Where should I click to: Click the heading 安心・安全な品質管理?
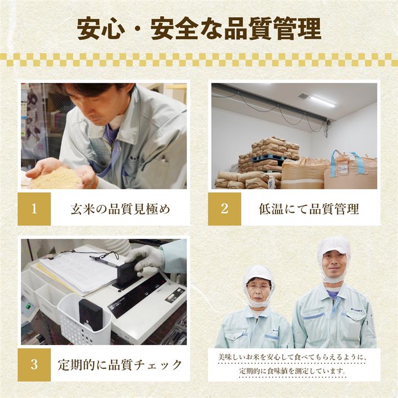pyautogui.click(x=199, y=29)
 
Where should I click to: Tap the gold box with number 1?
pyautogui.click(x=34, y=209)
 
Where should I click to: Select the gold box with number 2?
pyautogui.click(x=225, y=209)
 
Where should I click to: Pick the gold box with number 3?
pyautogui.click(x=34, y=365)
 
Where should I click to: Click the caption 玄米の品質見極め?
pyautogui.click(x=120, y=209)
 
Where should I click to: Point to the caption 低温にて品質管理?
pyautogui.click(x=309, y=209)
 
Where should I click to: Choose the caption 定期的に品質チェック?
pyautogui.click(x=120, y=365)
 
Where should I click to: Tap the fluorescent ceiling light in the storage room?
pyautogui.click(x=322, y=101)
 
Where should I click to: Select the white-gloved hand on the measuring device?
pyautogui.click(x=146, y=258)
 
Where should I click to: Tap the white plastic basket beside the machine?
pyautogui.click(x=84, y=319)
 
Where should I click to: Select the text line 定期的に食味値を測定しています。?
pyautogui.click(x=293, y=371)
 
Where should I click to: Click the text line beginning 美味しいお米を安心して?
pyautogui.click(x=293, y=357)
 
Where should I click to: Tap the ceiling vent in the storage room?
pyautogui.click(x=304, y=95)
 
